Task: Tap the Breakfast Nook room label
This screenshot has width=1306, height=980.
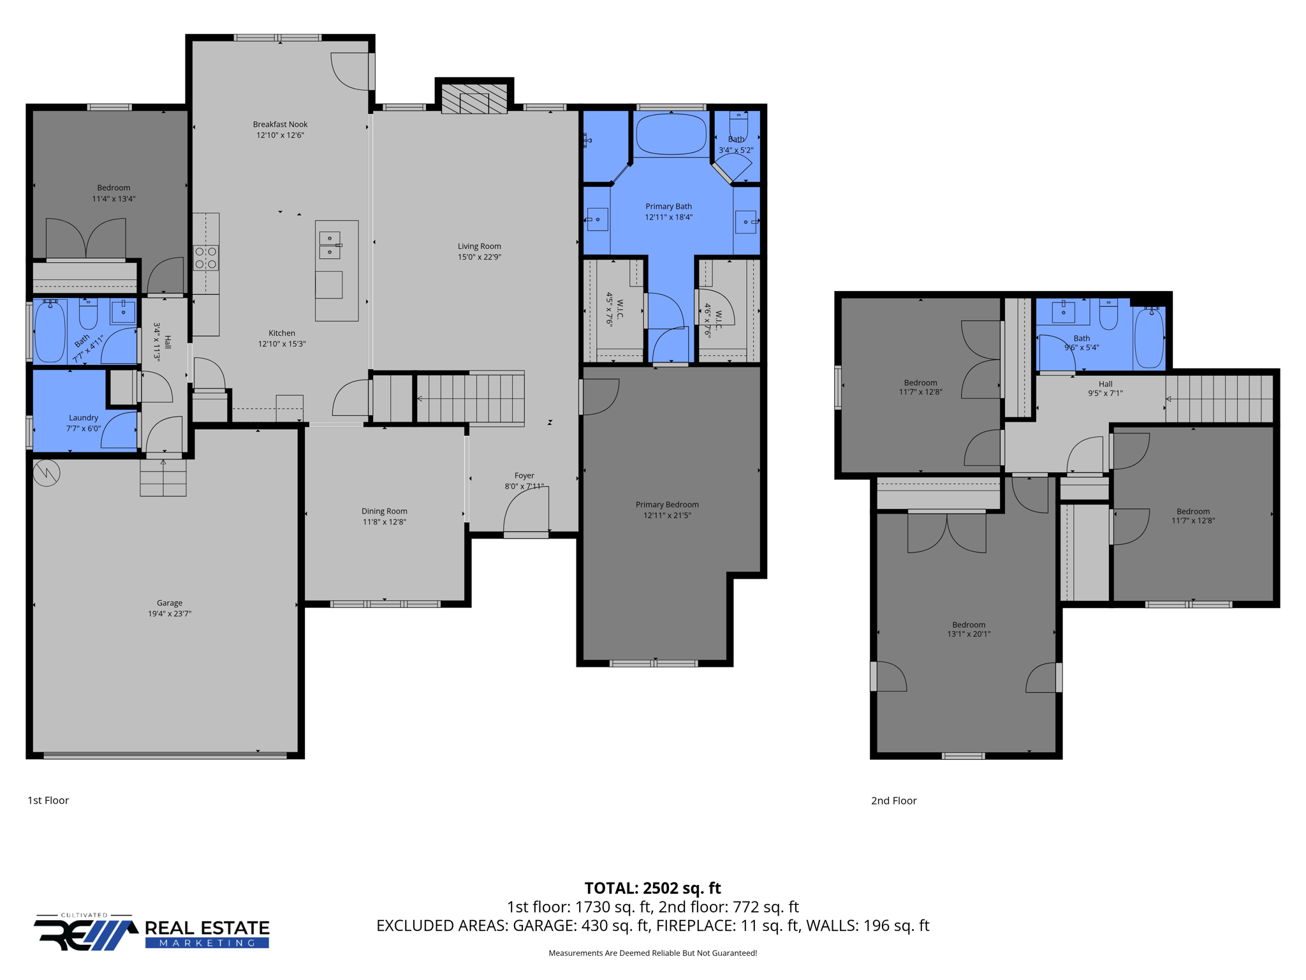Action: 280,124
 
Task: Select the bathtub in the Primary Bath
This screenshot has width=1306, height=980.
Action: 671,134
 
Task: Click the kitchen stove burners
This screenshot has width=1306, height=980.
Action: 206,258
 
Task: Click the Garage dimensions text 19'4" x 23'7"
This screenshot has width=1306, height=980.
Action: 170,614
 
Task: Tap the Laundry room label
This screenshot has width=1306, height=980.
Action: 84,418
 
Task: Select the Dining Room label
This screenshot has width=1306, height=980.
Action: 384,511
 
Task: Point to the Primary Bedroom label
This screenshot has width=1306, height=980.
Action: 667,505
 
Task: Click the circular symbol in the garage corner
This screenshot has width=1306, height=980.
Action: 47,473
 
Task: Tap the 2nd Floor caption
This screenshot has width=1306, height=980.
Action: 893,801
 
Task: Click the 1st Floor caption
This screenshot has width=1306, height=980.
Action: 48,800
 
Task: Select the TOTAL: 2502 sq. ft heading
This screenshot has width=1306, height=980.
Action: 652,888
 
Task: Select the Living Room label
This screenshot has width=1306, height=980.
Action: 479,246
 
